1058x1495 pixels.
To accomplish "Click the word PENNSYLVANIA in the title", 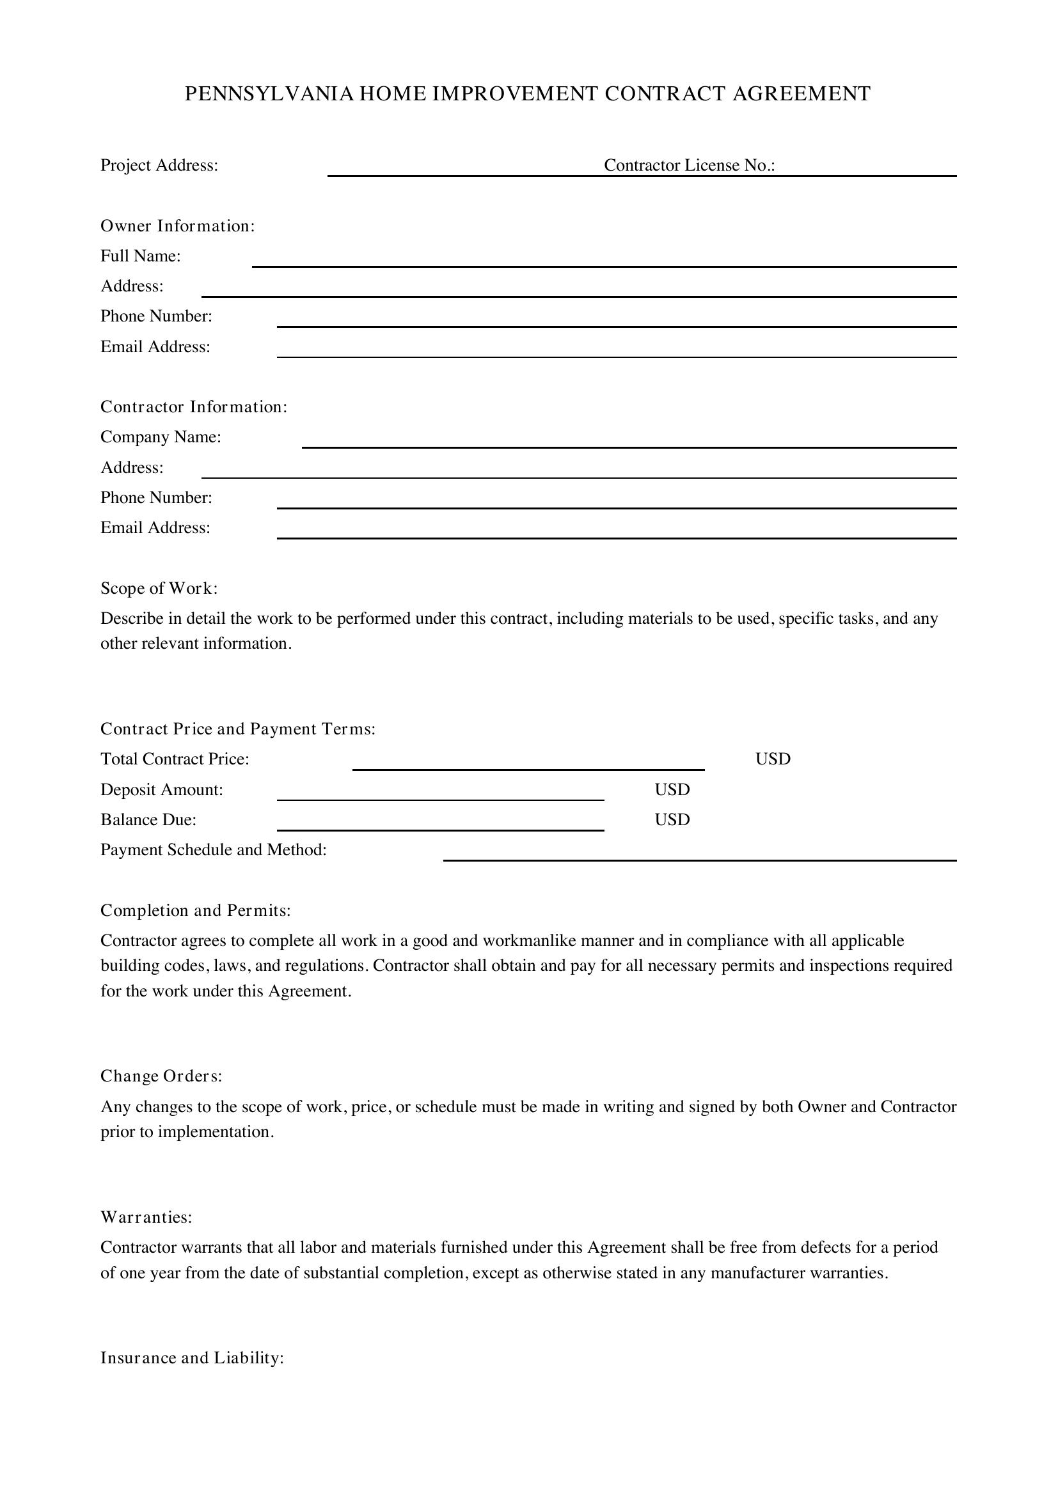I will pos(269,95).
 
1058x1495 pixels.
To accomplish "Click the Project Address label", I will pos(159,166).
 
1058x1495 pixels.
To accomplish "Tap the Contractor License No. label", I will pos(690,166).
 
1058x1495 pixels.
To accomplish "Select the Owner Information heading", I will pos(177,226).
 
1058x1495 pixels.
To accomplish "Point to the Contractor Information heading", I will pos(193,407).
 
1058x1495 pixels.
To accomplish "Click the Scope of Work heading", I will pos(159,589).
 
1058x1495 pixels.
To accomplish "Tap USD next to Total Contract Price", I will pos(773,759).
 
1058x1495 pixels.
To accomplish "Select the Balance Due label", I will pos(148,820).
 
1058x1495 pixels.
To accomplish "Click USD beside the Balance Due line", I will pos(672,820).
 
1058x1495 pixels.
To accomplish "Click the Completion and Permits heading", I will pos(196,910).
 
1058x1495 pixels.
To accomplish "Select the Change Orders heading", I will pos(161,1076).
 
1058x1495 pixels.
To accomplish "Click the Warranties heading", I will pos(146,1217).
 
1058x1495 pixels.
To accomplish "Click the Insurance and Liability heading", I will pos(191,1358).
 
